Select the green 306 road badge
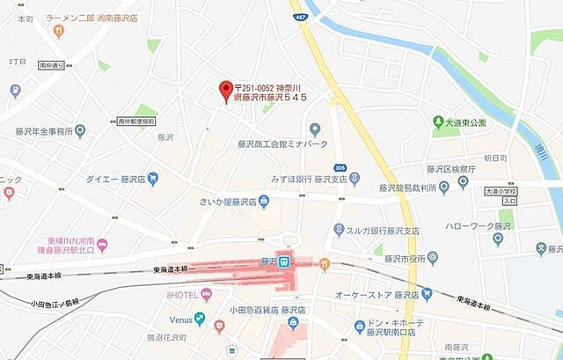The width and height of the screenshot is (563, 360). point(340,167)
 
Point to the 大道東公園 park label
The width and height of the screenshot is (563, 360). point(465,122)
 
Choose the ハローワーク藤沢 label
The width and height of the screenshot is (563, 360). point(486,225)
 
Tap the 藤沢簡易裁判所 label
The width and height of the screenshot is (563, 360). point(409,187)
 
